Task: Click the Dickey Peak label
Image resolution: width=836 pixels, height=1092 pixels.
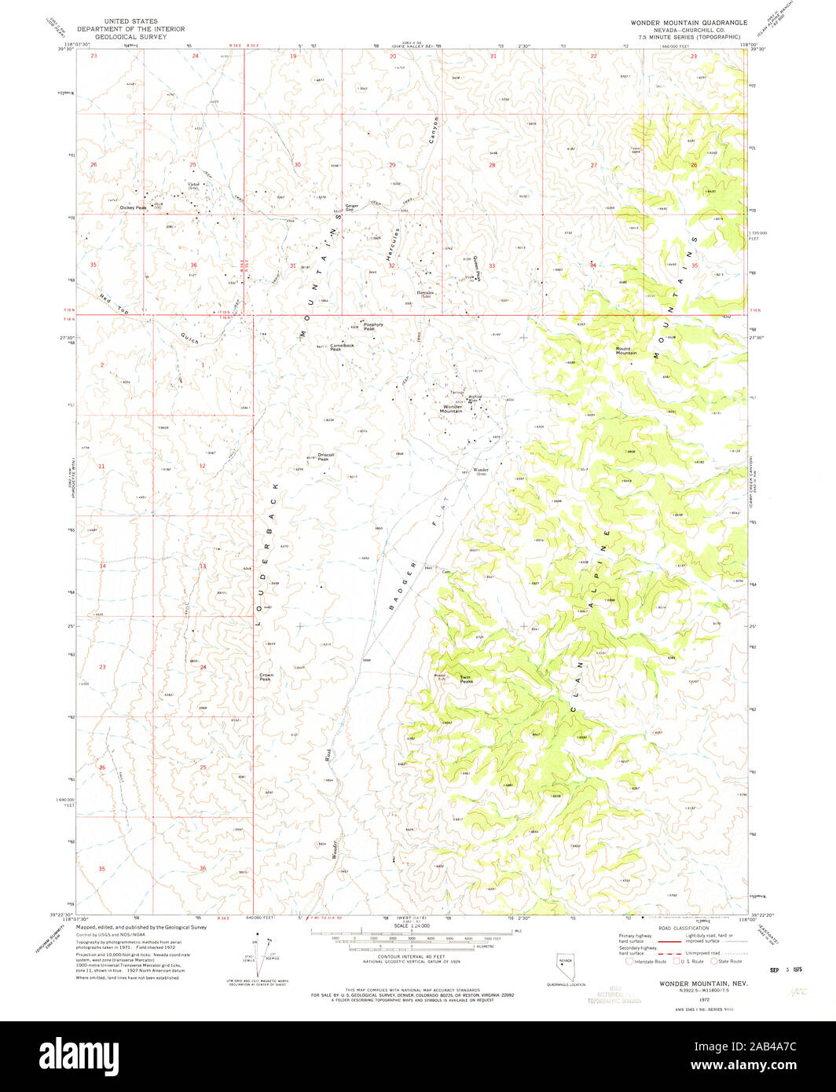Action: point(133,207)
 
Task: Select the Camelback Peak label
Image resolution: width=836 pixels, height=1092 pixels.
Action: point(342,346)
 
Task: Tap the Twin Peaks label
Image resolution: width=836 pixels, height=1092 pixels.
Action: point(466,680)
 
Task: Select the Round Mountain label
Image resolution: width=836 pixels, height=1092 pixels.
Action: point(626,350)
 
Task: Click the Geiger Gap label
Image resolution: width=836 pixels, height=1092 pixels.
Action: point(352,208)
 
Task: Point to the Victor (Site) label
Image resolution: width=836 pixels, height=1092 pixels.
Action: point(192,185)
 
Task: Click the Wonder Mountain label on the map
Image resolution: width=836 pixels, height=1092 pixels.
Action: point(451,409)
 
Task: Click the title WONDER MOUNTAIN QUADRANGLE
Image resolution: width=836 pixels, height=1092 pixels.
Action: point(688,23)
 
